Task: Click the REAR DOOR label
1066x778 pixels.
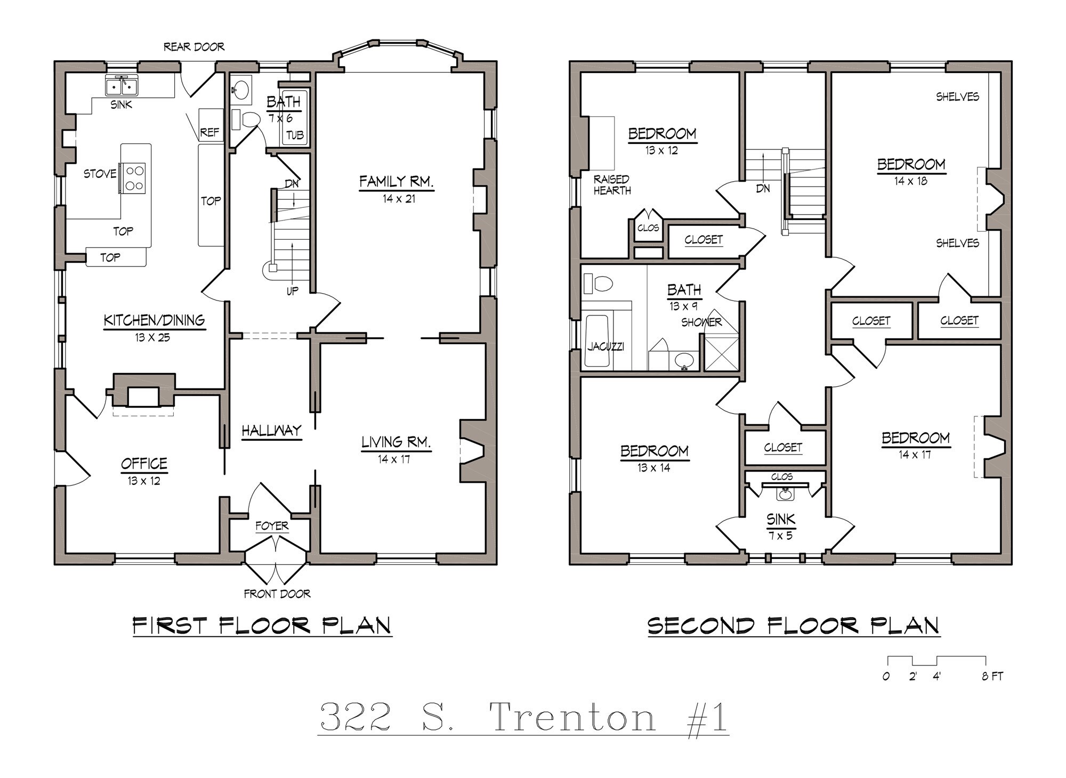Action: pyautogui.click(x=193, y=47)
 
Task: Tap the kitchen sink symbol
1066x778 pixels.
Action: pyautogui.click(x=122, y=85)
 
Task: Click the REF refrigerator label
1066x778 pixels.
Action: pyautogui.click(x=209, y=132)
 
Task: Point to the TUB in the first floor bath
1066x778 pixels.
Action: pyautogui.click(x=295, y=135)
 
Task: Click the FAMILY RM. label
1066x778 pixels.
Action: pyautogui.click(x=396, y=182)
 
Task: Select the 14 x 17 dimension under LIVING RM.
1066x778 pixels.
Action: pyautogui.click(x=394, y=459)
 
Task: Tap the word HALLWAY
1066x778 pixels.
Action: pyautogui.click(x=271, y=430)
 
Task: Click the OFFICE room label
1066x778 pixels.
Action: pyautogui.click(x=144, y=464)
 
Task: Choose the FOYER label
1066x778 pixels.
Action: pyautogui.click(x=272, y=526)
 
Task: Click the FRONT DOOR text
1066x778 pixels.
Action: pyautogui.click(x=277, y=594)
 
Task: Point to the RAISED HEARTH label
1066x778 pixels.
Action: pyautogui.click(x=612, y=185)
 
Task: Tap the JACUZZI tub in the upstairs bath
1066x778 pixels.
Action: pyautogui.click(x=597, y=341)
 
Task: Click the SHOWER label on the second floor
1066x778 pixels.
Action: pyautogui.click(x=701, y=322)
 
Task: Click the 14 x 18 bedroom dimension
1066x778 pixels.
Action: pyautogui.click(x=910, y=181)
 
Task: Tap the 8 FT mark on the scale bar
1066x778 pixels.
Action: pyautogui.click(x=992, y=676)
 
